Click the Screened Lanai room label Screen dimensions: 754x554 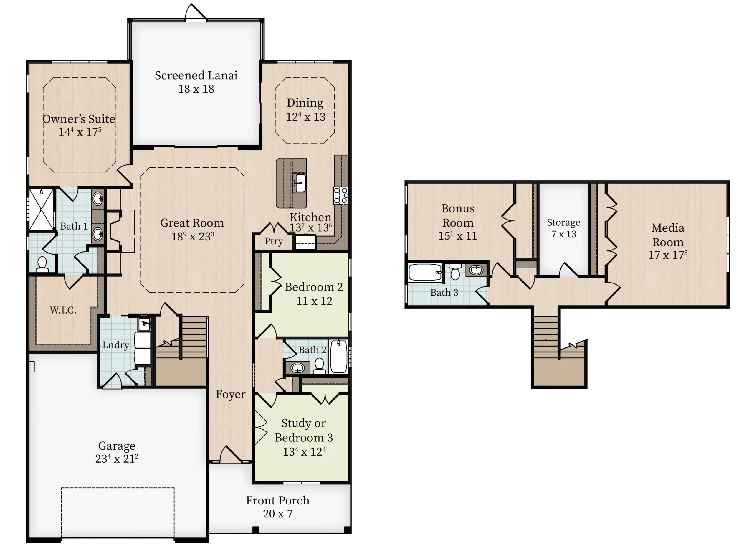coord(196,75)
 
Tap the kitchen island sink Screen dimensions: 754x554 coord(300,183)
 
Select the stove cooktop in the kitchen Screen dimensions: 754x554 coord(340,195)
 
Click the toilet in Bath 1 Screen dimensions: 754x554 coord(42,264)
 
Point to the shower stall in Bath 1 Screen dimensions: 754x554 coord(41,210)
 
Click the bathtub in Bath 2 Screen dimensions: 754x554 coord(339,357)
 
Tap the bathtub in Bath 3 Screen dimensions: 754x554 coord(425,272)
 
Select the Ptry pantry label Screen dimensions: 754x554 coord(274,241)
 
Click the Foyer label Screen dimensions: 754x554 coord(231,394)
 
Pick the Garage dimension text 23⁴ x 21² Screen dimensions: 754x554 coord(117,459)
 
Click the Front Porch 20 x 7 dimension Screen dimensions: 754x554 coord(277,513)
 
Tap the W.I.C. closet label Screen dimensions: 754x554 coord(63,310)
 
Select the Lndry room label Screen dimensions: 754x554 coord(116,345)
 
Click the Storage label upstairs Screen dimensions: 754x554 coord(564,222)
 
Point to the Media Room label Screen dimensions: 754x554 coord(668,235)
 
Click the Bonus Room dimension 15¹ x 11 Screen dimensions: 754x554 coord(458,235)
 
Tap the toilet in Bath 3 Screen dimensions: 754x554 coord(455,271)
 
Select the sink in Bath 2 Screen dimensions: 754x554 coord(297,368)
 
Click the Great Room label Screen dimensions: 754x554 coord(192,223)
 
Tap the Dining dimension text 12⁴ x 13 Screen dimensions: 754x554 coord(305,117)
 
